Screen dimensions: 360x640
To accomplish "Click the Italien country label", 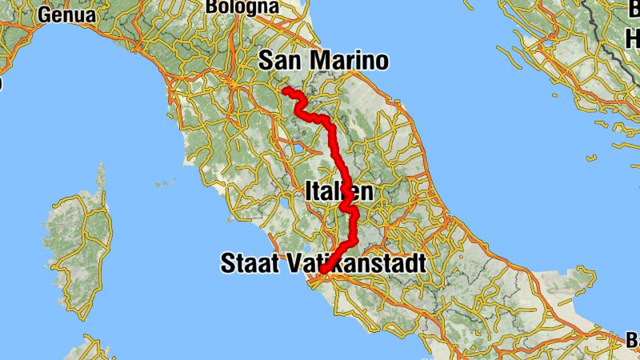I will coord(338,191).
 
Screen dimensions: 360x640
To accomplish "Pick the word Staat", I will coord(249,262).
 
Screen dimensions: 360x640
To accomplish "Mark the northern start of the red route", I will coord(285,90).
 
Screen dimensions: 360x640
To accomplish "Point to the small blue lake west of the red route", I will coord(302,147).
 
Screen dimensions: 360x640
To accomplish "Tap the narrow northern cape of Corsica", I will coord(101,176).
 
